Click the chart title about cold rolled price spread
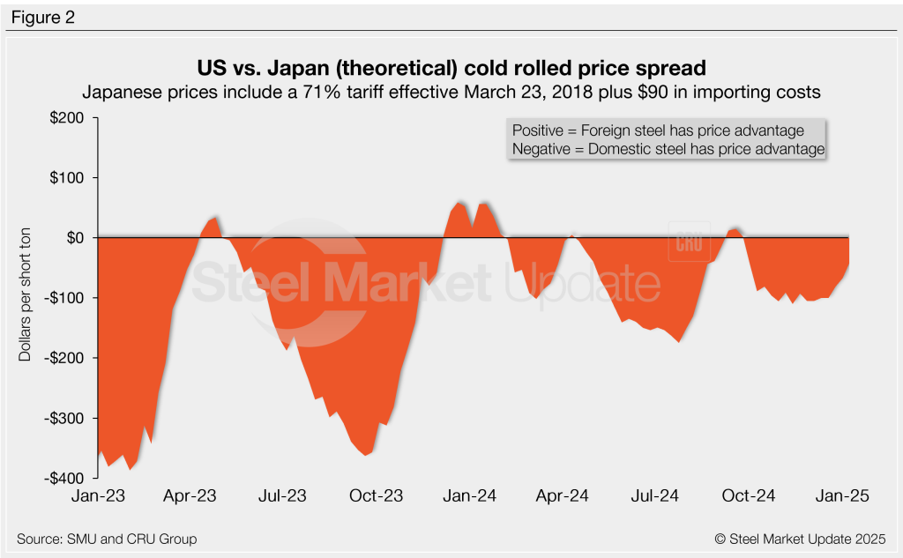(451, 69)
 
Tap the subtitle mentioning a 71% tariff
(451, 92)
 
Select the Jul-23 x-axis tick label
(282, 496)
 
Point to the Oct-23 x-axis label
(377, 496)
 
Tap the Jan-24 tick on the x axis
(469, 496)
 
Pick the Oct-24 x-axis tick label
(749, 496)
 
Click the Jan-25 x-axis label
(842, 496)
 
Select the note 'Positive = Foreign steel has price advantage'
(658, 130)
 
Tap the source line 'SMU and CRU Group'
(107, 539)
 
